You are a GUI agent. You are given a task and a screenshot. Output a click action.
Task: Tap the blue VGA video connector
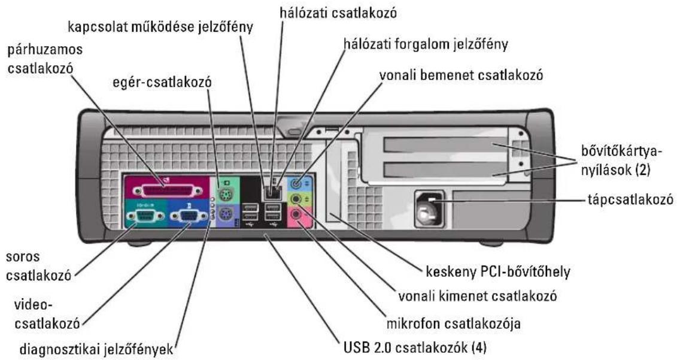click(x=189, y=216)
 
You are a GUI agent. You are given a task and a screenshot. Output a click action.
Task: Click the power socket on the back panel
click(x=429, y=209)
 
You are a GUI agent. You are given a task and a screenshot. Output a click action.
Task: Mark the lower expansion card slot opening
click(x=445, y=170)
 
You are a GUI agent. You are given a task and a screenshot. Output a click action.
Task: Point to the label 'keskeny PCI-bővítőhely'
click(x=498, y=272)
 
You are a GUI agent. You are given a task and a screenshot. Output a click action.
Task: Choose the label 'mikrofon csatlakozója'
click(x=453, y=323)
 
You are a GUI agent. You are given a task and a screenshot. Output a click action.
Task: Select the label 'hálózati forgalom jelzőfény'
click(x=425, y=44)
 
